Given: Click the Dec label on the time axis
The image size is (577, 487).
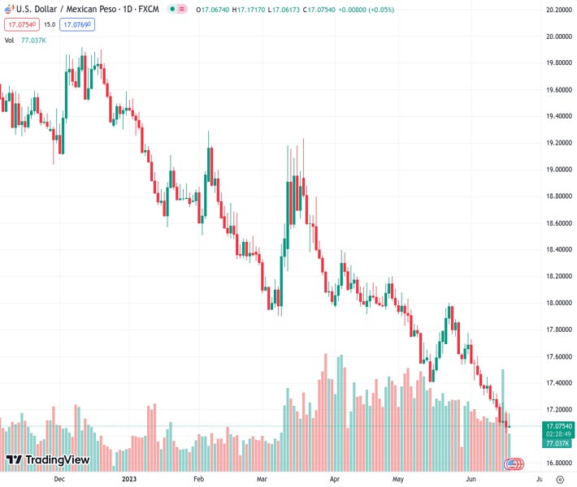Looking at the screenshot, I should click(59, 479).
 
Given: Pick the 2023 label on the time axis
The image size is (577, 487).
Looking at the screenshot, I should click(128, 479).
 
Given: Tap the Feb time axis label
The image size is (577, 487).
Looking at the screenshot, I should click(198, 479).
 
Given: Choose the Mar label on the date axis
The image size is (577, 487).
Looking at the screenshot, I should click(261, 479).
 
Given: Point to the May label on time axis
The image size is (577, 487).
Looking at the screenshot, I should click(398, 479).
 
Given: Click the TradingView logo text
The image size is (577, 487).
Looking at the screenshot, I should click(57, 460).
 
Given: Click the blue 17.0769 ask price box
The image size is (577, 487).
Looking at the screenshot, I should click(79, 24).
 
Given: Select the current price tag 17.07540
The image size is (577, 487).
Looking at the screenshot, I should click(559, 425).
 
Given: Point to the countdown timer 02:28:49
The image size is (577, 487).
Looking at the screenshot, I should click(559, 434).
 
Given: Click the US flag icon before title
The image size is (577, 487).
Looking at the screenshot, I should click(9, 9).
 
